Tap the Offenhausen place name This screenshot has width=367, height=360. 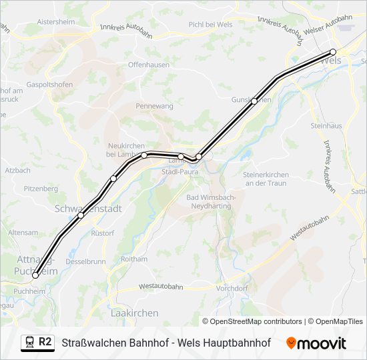click(x=149, y=65)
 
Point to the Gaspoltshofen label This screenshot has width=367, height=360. click(x=49, y=85)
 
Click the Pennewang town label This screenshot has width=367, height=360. click(x=154, y=106)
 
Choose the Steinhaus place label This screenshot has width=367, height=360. click(x=326, y=125)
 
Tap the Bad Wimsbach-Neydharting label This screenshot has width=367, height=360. click(x=208, y=202)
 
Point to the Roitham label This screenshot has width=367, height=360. click(x=134, y=259)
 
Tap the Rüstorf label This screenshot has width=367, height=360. click(x=103, y=233)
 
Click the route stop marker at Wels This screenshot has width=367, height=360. click(x=333, y=52)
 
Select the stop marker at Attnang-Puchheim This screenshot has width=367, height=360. click(x=35, y=275)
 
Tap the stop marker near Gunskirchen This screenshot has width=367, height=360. click(x=254, y=101)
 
